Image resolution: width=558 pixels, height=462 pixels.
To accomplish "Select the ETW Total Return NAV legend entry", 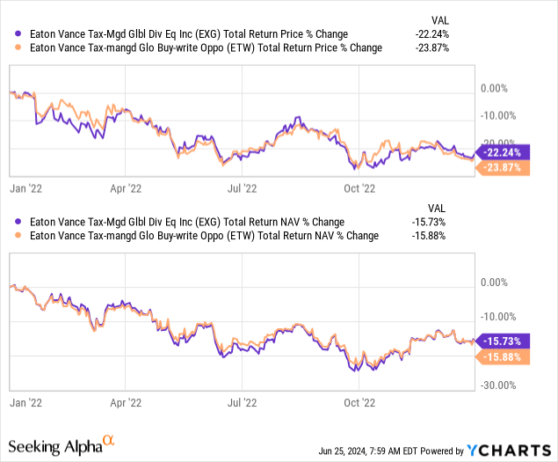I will coord(197,236).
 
